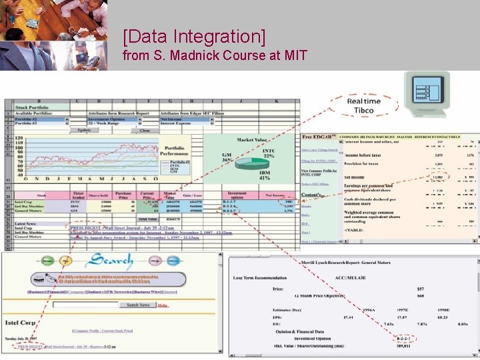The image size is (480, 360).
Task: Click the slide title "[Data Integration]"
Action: point(194,35)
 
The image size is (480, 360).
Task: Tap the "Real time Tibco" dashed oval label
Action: point(363,105)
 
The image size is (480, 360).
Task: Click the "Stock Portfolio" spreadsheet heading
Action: point(31,107)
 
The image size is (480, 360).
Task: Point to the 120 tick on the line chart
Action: point(18,138)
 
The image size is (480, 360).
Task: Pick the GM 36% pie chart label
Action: point(227,157)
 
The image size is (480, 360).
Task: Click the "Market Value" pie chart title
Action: point(253,140)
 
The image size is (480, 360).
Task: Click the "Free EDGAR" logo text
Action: point(317,137)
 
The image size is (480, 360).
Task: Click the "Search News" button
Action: point(138,305)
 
